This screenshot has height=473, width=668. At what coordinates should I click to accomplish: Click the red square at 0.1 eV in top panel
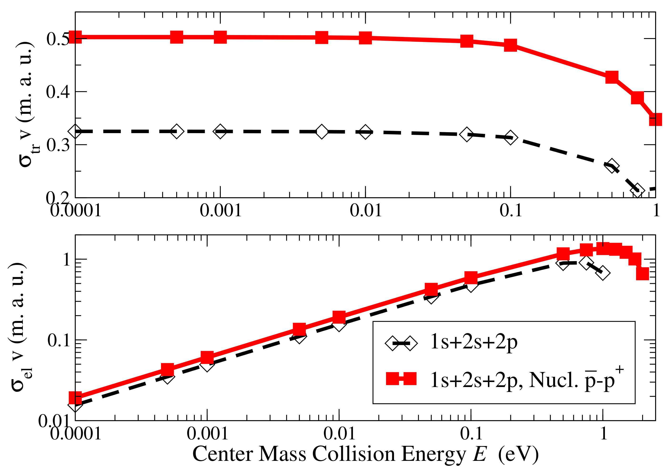pos(510,45)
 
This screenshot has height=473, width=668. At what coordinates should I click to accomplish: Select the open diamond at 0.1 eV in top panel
pos(510,137)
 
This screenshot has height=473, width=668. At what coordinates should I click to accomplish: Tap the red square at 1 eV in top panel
pos(655,119)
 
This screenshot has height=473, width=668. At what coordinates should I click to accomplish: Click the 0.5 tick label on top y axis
pos(58,39)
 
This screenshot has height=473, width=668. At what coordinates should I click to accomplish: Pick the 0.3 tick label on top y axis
pos(58,145)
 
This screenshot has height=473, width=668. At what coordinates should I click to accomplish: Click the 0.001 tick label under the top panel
pos(221,210)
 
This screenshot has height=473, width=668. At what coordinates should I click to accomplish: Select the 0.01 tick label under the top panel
pos(366,210)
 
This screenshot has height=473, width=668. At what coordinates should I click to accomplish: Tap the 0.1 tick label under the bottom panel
pos(471,433)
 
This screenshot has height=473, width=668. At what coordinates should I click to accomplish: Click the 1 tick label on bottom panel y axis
pos(67,259)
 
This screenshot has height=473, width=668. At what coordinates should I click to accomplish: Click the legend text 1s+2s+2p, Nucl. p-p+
pos(527,380)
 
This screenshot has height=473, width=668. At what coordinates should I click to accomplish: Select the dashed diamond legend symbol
pos(401,343)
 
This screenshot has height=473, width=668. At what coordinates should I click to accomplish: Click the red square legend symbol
pos(401,379)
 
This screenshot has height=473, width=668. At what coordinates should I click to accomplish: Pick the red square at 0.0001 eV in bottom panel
pos(75,398)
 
